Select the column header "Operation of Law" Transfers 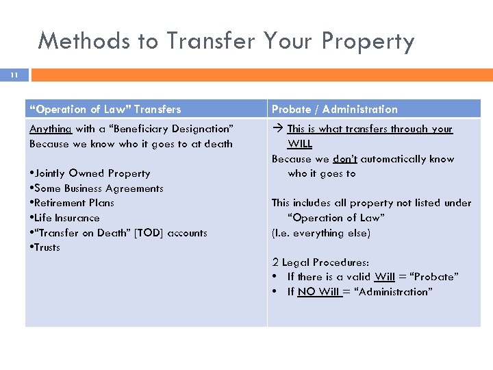pyautogui.click(x=105, y=109)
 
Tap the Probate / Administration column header pyautogui.click(x=334, y=109)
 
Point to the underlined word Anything pyautogui.click(x=51, y=129)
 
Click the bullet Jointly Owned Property pyautogui.click(x=90, y=173)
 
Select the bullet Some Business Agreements pyautogui.click(x=97, y=188)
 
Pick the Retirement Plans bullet pyautogui.click(x=72, y=203)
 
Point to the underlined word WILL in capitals pyautogui.click(x=300, y=144)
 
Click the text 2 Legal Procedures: pyautogui.click(x=320, y=262)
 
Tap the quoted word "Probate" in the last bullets pyautogui.click(x=435, y=277)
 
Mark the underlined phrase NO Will pyautogui.click(x=319, y=292)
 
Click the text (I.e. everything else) pyautogui.click(x=320, y=233)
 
